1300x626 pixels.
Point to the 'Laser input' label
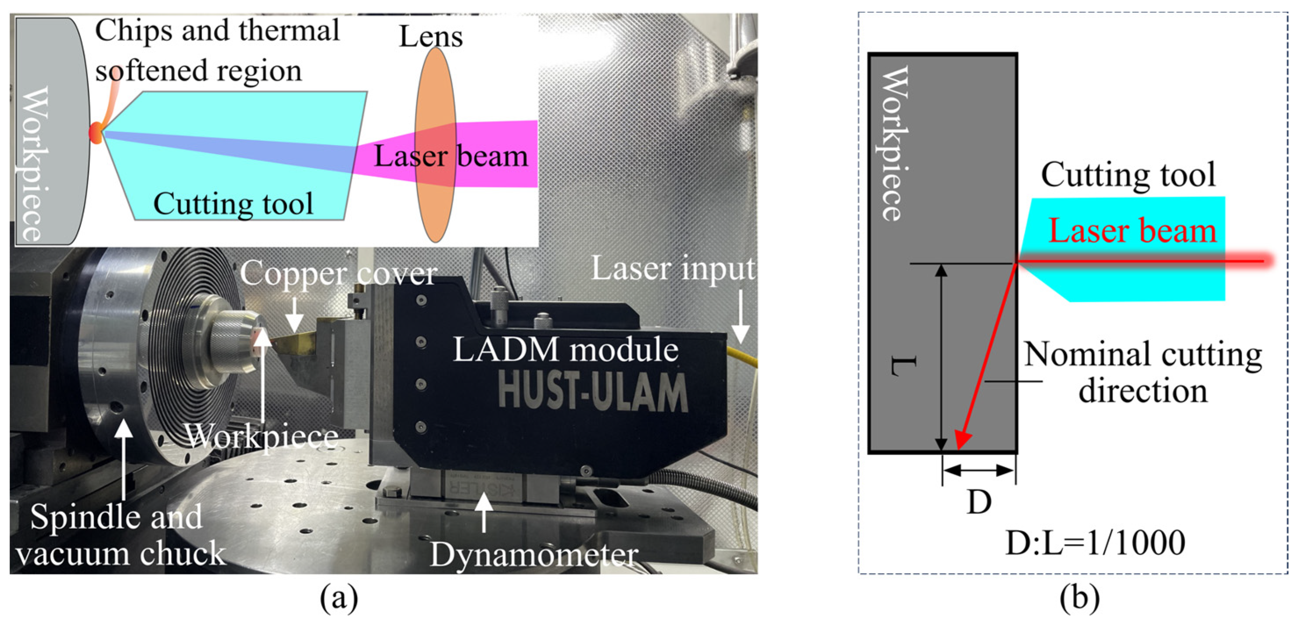pos(673,268)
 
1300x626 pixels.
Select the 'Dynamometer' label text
pos(534,555)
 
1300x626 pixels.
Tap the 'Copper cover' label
pos(338,274)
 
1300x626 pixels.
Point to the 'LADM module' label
pos(565,349)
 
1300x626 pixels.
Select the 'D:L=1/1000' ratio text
pos(1095,543)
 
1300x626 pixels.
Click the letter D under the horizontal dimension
pos(978,502)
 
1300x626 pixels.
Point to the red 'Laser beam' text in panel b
pos(1132,231)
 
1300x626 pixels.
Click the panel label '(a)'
pos(339,598)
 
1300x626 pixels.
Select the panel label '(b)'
pos(1079,598)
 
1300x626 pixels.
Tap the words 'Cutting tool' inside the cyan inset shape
pos(233,204)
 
